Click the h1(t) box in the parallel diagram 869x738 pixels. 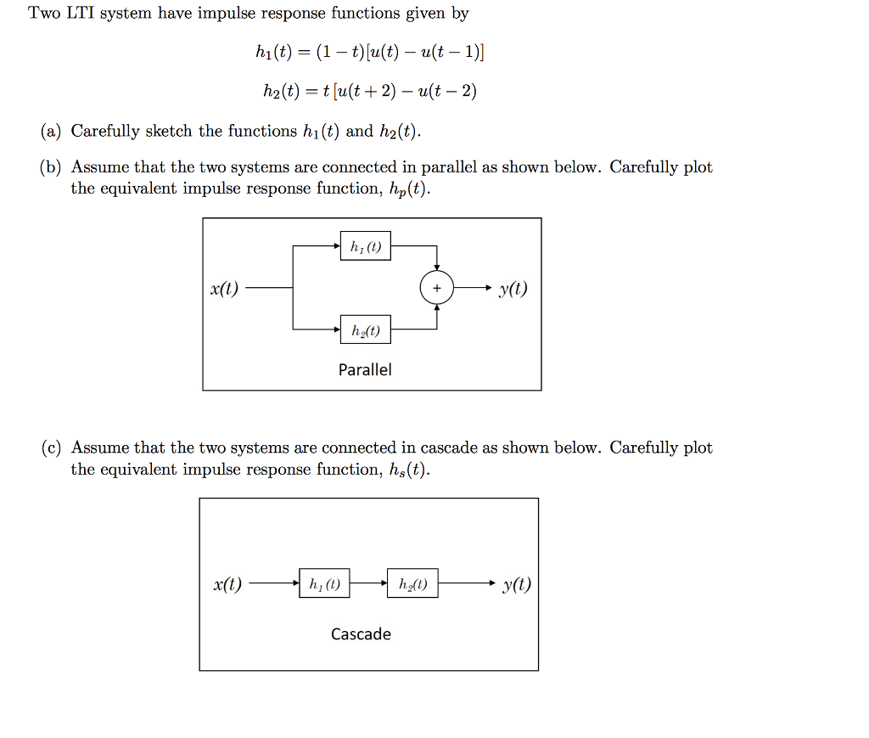[365, 247]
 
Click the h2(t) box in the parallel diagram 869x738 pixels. [365, 330]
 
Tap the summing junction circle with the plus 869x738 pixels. [436, 289]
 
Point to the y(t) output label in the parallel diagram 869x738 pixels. [513, 289]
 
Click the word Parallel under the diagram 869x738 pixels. [365, 369]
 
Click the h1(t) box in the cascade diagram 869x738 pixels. [324, 583]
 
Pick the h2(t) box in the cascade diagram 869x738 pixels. [412, 583]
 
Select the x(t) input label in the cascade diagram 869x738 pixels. [227, 584]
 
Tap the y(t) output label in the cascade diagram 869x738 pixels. [517, 584]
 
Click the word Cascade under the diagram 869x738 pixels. [361, 634]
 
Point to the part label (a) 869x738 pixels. [50, 131]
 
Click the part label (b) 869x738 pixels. [50, 167]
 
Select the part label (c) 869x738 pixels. [50, 448]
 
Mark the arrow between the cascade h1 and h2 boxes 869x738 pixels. [368, 584]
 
